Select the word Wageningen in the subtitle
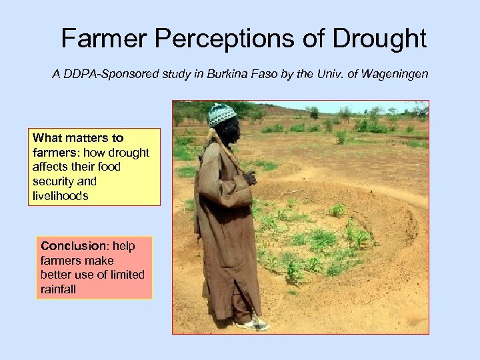click(396, 74)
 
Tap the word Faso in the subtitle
click(255, 74)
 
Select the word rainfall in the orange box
click(59, 289)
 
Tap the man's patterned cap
click(222, 115)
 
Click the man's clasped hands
click(249, 178)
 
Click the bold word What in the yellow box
click(47, 138)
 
